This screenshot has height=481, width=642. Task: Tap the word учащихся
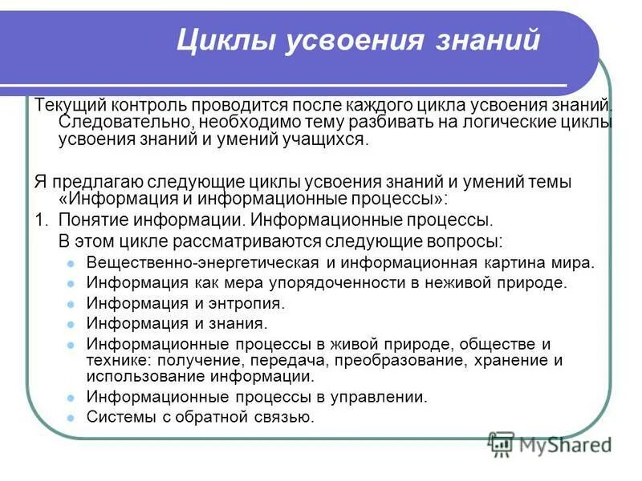coord(326,140)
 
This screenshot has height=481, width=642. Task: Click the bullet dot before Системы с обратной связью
coord(71,418)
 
